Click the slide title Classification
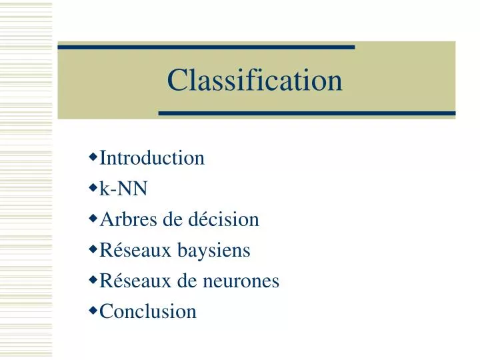point(255,81)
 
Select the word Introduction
point(152,159)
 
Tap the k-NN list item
point(123,189)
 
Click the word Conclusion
point(148,311)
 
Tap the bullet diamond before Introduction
point(93,158)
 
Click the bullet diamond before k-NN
point(93,189)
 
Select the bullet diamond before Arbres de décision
point(93,219)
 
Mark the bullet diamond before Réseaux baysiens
point(93,249)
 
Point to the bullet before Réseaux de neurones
point(93,280)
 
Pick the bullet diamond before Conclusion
point(93,310)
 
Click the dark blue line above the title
point(206,47)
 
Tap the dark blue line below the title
point(307,113)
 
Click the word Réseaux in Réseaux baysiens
point(135,251)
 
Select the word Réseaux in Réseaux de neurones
point(135,281)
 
